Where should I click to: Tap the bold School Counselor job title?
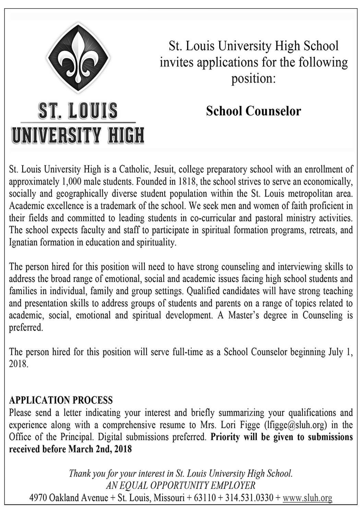[253, 111]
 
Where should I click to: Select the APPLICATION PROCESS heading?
[61, 400]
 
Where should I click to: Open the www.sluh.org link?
[307, 498]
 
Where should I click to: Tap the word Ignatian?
[25, 243]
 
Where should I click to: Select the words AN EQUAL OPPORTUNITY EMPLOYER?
[180, 485]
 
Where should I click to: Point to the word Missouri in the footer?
[168, 498]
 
